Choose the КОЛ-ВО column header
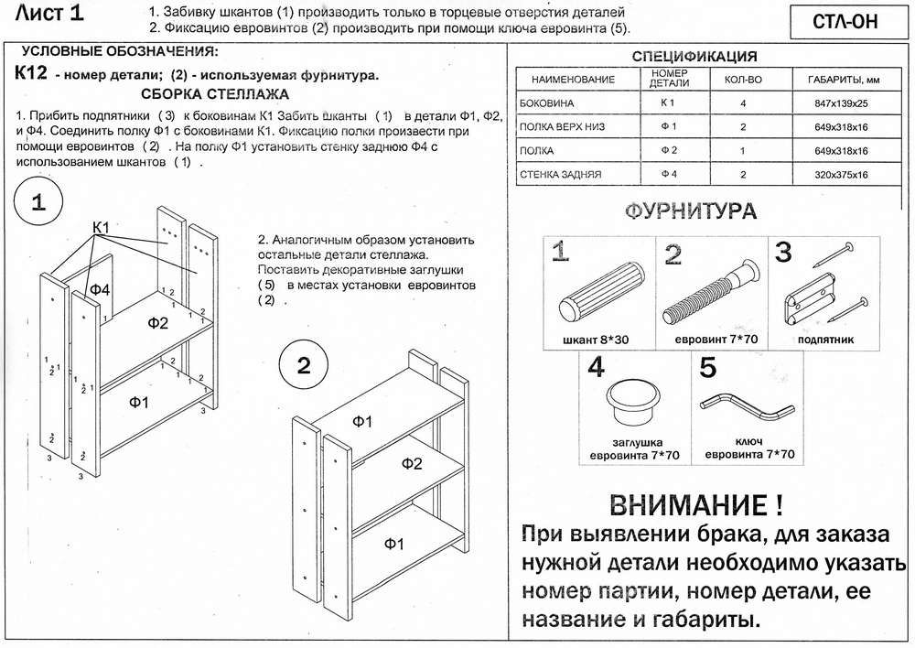(742, 80)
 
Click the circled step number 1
(39, 204)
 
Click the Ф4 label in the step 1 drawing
(99, 289)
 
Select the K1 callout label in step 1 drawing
(101, 227)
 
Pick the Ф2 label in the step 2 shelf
(411, 464)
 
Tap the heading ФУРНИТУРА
(691, 213)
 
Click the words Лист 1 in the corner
(51, 13)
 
